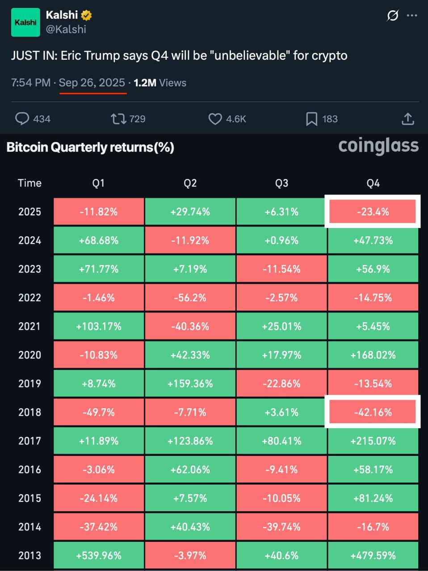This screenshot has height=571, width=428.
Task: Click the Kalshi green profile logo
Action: (x=25, y=22)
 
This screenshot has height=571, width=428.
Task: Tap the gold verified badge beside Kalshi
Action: (x=87, y=15)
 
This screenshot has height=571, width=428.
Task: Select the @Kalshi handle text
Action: (x=66, y=29)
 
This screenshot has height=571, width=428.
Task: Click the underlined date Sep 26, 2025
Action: (x=92, y=83)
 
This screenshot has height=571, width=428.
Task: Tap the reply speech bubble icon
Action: (x=22, y=119)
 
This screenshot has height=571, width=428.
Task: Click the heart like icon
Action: (x=215, y=119)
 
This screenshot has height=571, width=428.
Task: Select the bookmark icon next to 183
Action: (x=311, y=119)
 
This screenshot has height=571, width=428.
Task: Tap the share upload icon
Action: (x=408, y=119)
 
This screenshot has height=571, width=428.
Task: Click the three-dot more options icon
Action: (x=412, y=16)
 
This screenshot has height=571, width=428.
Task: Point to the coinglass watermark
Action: (x=378, y=146)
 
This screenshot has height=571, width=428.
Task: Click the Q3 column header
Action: (x=281, y=183)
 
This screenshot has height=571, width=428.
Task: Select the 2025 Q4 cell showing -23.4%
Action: (x=373, y=212)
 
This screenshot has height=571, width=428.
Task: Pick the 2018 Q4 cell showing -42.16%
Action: (x=373, y=412)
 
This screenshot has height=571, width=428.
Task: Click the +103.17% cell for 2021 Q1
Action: (x=99, y=327)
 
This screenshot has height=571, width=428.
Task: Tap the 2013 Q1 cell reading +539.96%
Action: (x=99, y=555)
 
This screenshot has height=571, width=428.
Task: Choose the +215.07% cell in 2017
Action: (x=373, y=441)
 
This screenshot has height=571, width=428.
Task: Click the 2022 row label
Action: (x=29, y=298)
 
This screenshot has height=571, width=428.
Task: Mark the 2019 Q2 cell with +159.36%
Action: (x=190, y=384)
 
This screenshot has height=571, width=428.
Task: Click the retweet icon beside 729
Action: (x=118, y=119)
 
